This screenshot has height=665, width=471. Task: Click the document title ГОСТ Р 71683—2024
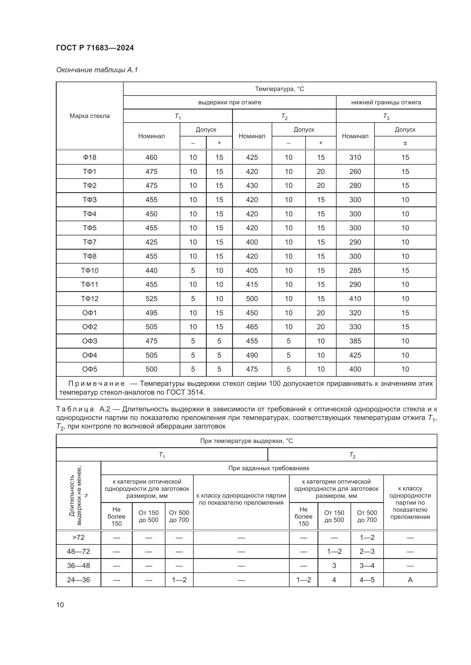(95, 48)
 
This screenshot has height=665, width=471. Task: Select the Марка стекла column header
(90, 116)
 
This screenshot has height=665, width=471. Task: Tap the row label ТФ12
(90, 299)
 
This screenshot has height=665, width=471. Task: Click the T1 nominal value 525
(151, 299)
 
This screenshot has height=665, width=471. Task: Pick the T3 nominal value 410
(355, 299)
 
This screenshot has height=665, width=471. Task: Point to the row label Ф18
(90, 157)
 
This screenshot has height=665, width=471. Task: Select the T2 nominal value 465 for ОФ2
(252, 327)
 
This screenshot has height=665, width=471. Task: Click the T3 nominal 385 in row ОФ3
(355, 341)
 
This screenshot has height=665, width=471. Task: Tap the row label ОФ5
(90, 369)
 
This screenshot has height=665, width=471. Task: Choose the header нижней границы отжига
(386, 102)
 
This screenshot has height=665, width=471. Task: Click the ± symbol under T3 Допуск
(405, 143)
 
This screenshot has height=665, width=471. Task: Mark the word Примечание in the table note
(96, 384)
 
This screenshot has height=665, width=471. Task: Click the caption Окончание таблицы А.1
(97, 70)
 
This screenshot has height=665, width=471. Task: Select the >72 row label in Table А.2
(78, 538)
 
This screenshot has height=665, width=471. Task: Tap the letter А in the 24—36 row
(410, 580)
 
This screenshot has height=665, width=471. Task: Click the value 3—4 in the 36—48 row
(367, 566)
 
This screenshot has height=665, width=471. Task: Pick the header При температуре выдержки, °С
(246, 441)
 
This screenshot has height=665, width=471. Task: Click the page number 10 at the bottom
(60, 605)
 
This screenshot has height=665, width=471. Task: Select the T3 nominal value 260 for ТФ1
(355, 171)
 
